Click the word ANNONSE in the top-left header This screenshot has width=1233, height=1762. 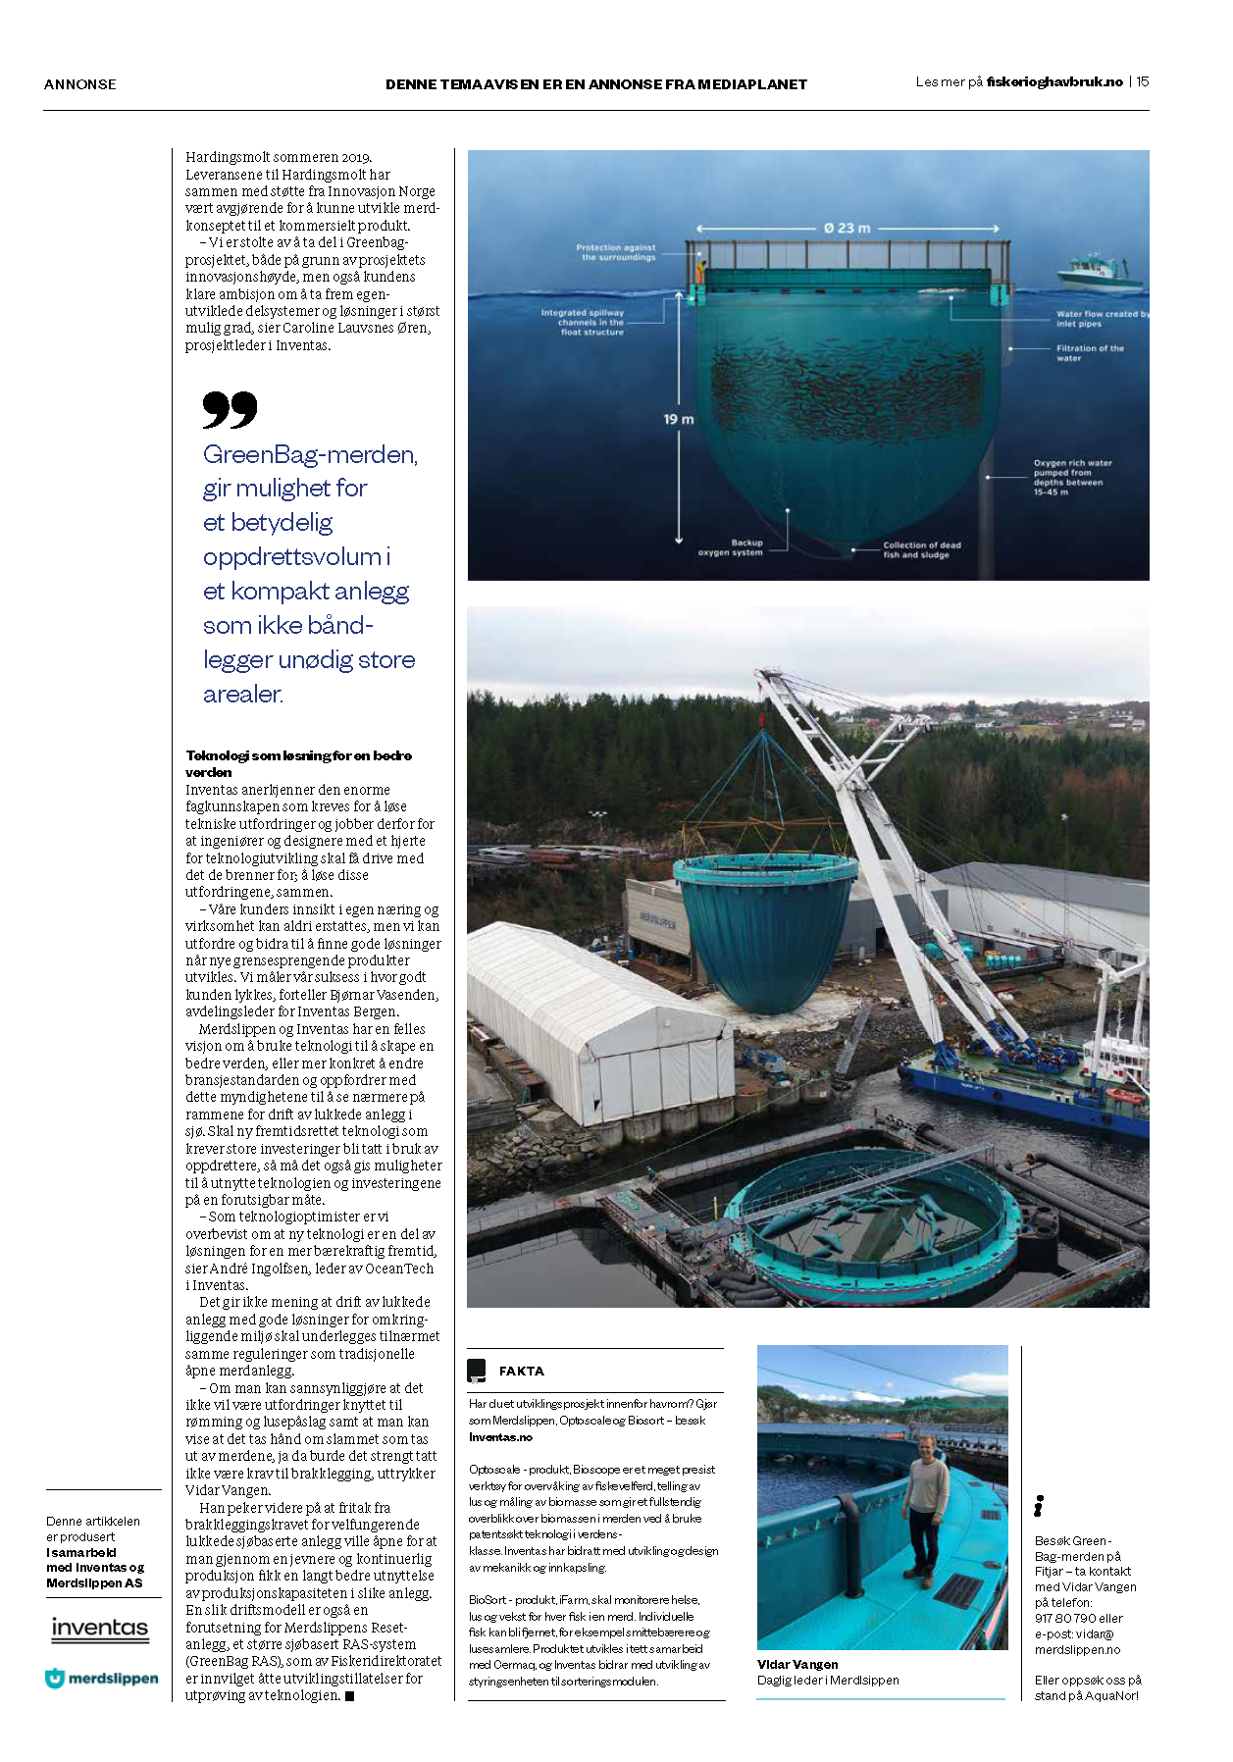tap(79, 84)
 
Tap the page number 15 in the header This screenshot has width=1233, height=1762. tap(1143, 82)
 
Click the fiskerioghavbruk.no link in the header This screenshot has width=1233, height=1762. tap(1054, 82)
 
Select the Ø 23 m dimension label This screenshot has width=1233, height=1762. tap(847, 229)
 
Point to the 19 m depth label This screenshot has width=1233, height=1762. tap(678, 420)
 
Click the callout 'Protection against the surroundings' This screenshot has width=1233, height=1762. tap(617, 252)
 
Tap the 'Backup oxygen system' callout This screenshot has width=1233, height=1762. tap(731, 547)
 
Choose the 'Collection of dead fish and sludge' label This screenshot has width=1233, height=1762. tap(921, 549)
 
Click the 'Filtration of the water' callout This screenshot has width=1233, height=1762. tap(1089, 353)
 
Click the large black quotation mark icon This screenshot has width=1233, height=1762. tap(230, 409)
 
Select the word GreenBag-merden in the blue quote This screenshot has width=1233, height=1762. tap(309, 455)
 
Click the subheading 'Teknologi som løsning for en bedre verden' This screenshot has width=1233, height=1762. tap(298, 763)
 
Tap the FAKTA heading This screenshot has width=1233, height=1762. tap(521, 1372)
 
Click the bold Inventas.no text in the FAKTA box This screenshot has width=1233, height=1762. tap(500, 1437)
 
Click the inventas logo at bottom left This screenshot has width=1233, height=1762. tap(99, 1630)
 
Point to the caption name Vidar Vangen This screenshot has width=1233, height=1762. tap(797, 1664)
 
